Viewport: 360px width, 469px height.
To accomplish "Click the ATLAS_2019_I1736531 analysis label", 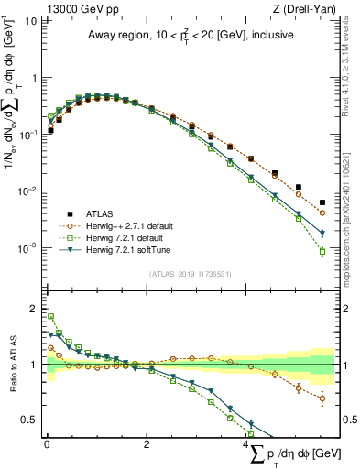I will coord(189,274).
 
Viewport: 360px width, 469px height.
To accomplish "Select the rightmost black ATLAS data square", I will coord(322,202).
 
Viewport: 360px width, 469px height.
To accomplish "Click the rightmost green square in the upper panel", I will coord(322,252).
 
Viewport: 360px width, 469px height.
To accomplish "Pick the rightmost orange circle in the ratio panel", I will coord(322,398).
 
